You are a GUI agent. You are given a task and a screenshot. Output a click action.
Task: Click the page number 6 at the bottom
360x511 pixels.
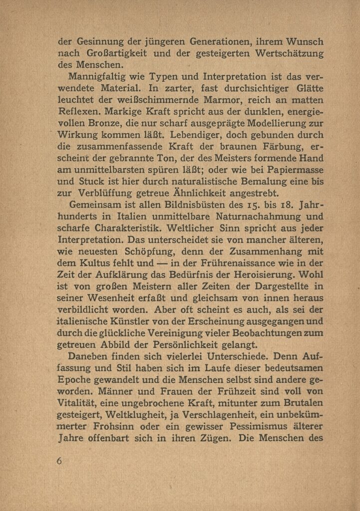(59, 461)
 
